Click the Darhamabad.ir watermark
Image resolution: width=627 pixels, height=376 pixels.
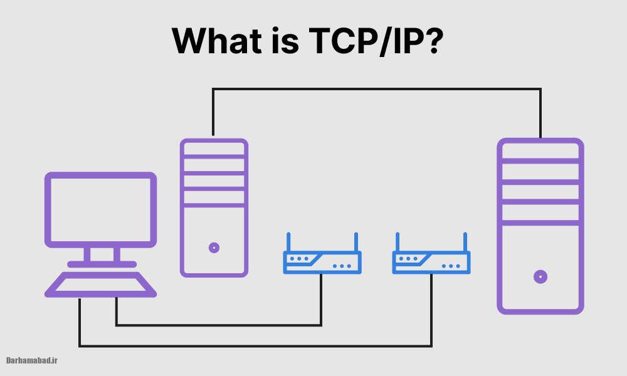32,360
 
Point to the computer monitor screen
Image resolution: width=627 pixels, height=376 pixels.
100,210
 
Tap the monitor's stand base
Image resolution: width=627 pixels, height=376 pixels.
101,264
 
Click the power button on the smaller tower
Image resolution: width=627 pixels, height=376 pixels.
214,248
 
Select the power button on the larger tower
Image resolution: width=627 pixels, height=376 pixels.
540,276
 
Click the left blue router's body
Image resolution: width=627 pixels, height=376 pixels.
322,263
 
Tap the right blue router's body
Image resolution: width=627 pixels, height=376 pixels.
431,263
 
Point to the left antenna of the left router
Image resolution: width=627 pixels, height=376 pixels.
288,242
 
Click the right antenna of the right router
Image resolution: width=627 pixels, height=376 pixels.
465,242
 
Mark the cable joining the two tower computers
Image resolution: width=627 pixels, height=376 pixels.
376,90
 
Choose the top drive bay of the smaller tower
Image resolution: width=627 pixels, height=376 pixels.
214,149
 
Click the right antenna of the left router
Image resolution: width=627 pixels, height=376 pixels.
356,242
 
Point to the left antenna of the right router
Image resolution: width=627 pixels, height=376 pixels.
397,242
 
